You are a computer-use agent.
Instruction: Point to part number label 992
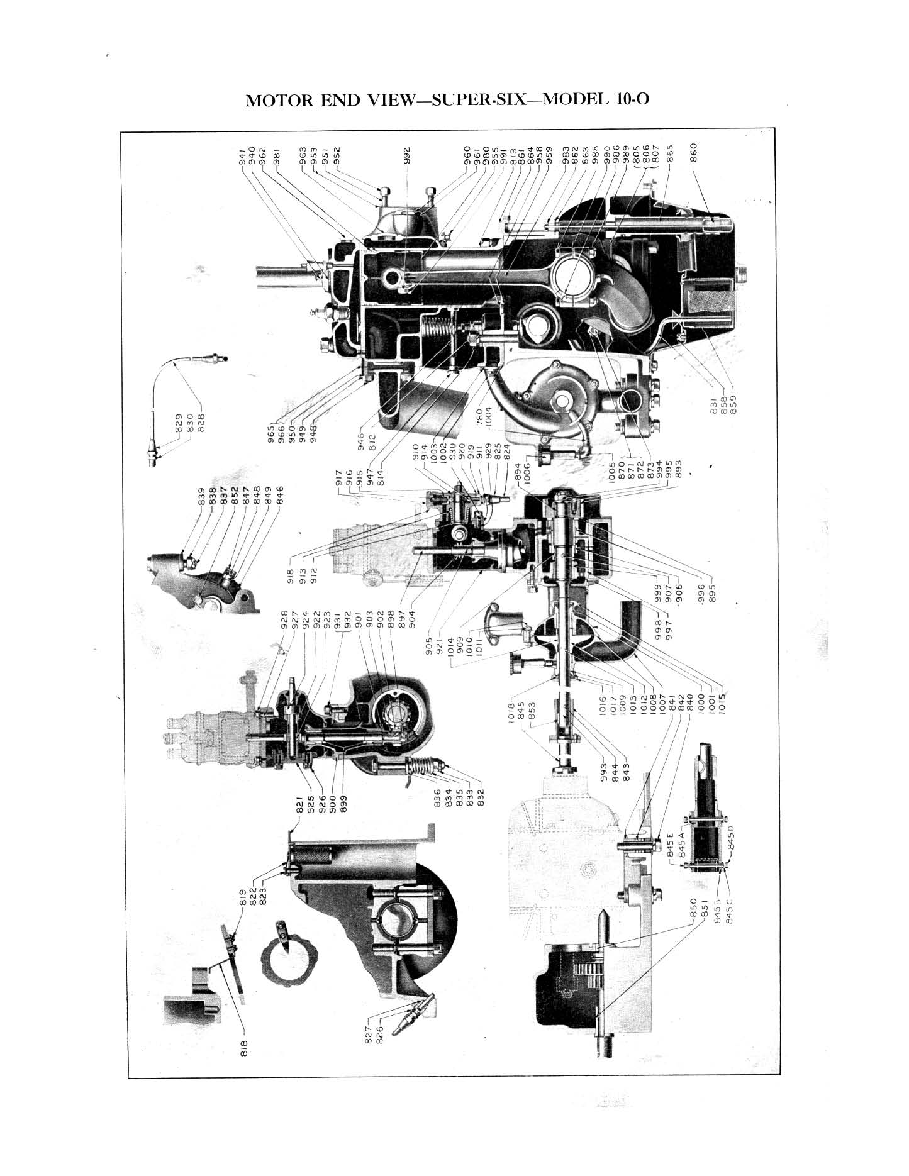coord(407,154)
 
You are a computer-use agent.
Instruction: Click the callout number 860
coord(693,154)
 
